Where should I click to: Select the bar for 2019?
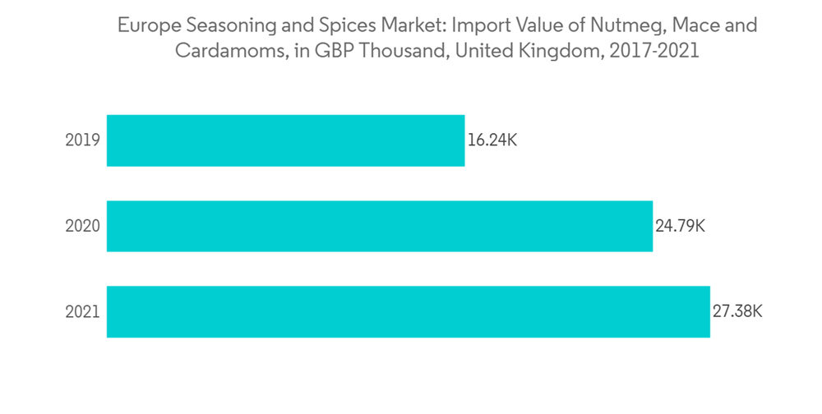285,140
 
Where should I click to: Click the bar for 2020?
379,226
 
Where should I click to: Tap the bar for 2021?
408,311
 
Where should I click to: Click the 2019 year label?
82,140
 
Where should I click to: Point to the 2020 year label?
82,226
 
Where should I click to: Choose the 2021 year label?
82,312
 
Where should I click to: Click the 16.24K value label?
492,140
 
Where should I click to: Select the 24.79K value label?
680,226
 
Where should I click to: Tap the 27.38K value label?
737,312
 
